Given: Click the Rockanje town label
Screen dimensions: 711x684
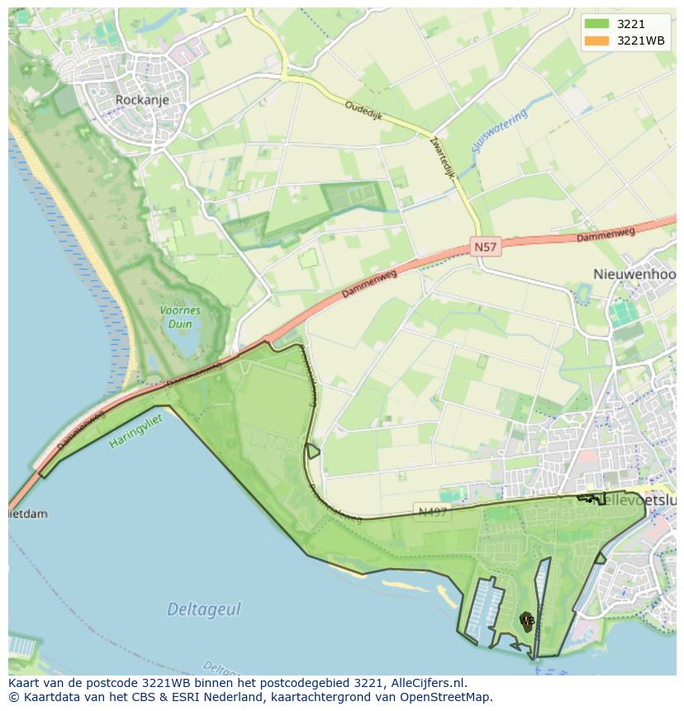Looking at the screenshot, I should coord(142,100).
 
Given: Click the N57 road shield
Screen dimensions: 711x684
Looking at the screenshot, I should coord(487,246).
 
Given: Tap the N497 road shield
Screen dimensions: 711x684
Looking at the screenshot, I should coord(432,512).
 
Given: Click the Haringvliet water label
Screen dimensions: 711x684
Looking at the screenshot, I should coord(136,431).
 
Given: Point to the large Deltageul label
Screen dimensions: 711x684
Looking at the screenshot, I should coord(204,609).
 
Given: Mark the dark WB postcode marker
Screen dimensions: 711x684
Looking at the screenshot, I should coord(526,621).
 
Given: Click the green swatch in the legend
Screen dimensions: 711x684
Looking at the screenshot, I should coord(597,24).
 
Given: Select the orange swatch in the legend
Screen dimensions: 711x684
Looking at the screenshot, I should coord(597,40).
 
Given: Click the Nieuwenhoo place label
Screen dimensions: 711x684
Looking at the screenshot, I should coord(634,274).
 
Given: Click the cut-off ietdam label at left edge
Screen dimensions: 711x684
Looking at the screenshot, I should coord(27,514).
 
